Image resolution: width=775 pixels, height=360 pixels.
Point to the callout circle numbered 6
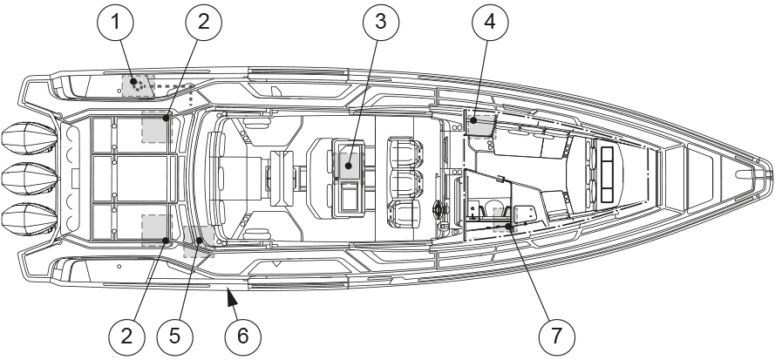(242, 333)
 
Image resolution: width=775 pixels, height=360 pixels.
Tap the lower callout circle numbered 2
(127, 333)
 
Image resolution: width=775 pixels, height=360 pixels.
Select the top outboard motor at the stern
(26, 139)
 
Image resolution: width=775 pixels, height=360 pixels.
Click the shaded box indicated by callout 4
(479, 124)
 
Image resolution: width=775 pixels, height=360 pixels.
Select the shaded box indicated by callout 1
(138, 85)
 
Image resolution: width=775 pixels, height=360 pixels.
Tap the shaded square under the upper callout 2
(155, 128)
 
